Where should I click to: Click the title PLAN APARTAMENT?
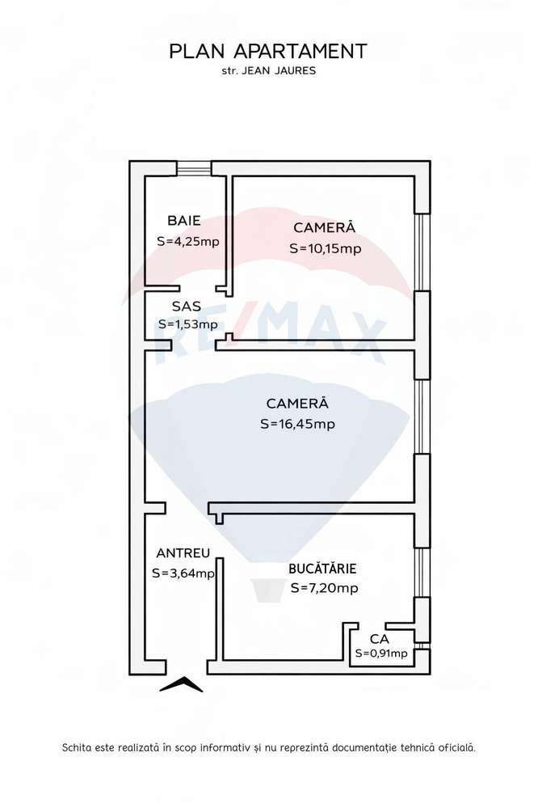coord(268,52)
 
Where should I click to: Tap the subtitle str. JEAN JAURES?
coord(268,71)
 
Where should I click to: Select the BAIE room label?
coord(183,221)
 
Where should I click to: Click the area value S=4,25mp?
coord(187,241)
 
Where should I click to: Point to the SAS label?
coord(187,307)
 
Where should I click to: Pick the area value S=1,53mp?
coord(187,325)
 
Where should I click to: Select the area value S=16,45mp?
coord(298,424)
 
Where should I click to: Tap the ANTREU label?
coord(183,553)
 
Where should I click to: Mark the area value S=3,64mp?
coord(183,573)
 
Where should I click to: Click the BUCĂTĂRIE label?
coord(322,569)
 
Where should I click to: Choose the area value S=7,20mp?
coord(323,588)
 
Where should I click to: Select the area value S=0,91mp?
coord(381,654)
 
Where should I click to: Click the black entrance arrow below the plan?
coord(181,685)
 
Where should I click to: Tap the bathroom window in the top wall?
coord(194,169)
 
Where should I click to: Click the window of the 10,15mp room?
coord(421,252)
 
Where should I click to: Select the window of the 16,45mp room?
coord(421,417)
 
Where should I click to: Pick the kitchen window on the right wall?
coord(421,572)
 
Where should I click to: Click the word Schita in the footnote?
coord(78,748)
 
